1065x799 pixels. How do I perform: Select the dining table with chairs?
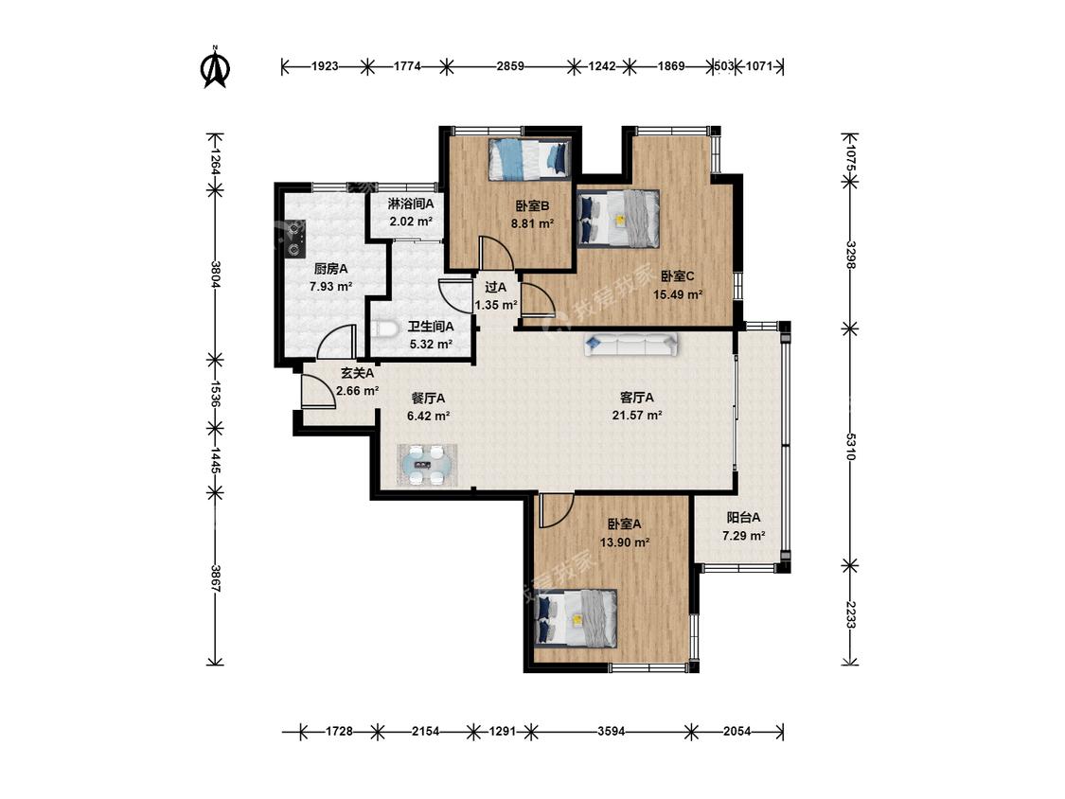tap(427, 465)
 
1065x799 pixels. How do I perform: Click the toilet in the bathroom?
tap(385, 328)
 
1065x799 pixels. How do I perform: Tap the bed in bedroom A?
tap(576, 616)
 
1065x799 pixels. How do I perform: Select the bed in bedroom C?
tap(618, 218)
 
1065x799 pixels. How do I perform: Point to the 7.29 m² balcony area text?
tap(744, 536)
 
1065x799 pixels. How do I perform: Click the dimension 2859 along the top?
tap(510, 66)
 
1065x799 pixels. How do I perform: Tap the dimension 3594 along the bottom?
tap(612, 731)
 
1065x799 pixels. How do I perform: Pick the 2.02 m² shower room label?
tap(411, 221)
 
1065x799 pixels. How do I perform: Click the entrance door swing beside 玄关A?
tap(318, 391)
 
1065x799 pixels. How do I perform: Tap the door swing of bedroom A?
tap(557, 511)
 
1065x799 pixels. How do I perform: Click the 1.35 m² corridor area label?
tap(496, 305)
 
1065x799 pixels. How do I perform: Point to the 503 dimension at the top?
tap(725, 66)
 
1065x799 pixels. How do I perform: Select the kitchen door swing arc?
tap(337, 341)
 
